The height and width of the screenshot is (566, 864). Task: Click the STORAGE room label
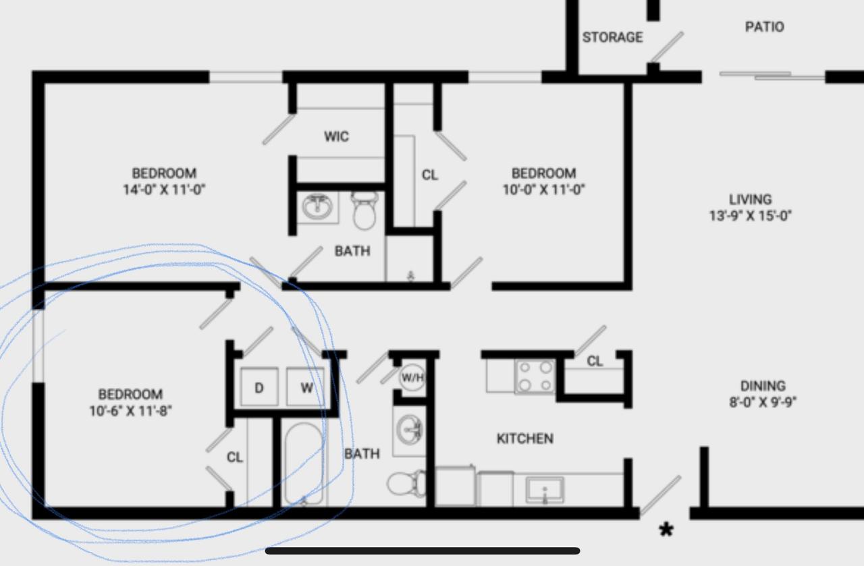point(612,37)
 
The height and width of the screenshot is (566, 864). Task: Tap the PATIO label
point(765,26)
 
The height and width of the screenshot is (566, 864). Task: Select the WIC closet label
point(336,136)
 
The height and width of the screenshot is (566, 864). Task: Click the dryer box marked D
point(259,387)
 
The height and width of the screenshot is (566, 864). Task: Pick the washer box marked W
point(306,387)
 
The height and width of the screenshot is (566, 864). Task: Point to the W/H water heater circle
point(412,377)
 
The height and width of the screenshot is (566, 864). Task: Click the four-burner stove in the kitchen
point(535,376)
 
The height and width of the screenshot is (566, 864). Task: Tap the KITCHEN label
point(525,438)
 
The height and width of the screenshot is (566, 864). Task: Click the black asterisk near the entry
point(666,530)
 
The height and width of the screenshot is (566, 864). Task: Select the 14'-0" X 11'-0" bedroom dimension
point(164,190)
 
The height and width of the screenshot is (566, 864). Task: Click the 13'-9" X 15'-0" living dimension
point(750,215)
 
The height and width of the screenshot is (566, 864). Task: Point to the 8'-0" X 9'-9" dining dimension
point(763,402)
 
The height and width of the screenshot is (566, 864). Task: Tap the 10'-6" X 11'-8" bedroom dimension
point(130,411)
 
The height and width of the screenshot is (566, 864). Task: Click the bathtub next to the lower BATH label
point(304,463)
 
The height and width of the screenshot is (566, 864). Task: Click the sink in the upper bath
point(317,206)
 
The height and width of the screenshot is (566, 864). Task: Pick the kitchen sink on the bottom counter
point(545,490)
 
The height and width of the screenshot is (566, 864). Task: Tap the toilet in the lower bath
point(406,484)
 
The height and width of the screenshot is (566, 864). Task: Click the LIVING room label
point(750,199)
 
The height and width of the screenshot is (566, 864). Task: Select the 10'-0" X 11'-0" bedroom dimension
point(543,190)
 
